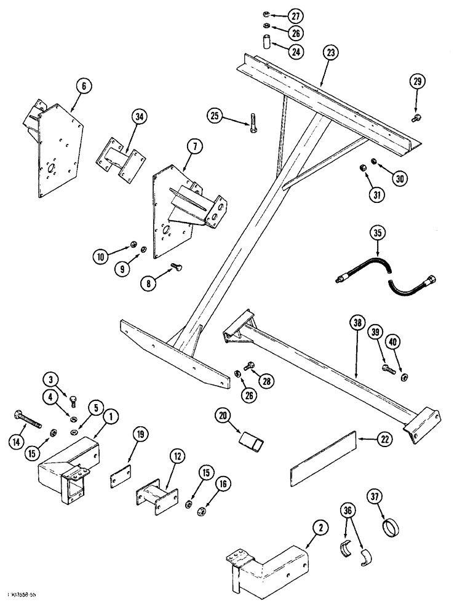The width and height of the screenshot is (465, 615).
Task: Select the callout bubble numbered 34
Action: [140, 115]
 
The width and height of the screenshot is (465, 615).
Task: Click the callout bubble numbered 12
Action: [177, 456]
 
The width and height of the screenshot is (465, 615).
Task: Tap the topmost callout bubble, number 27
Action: [279, 14]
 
